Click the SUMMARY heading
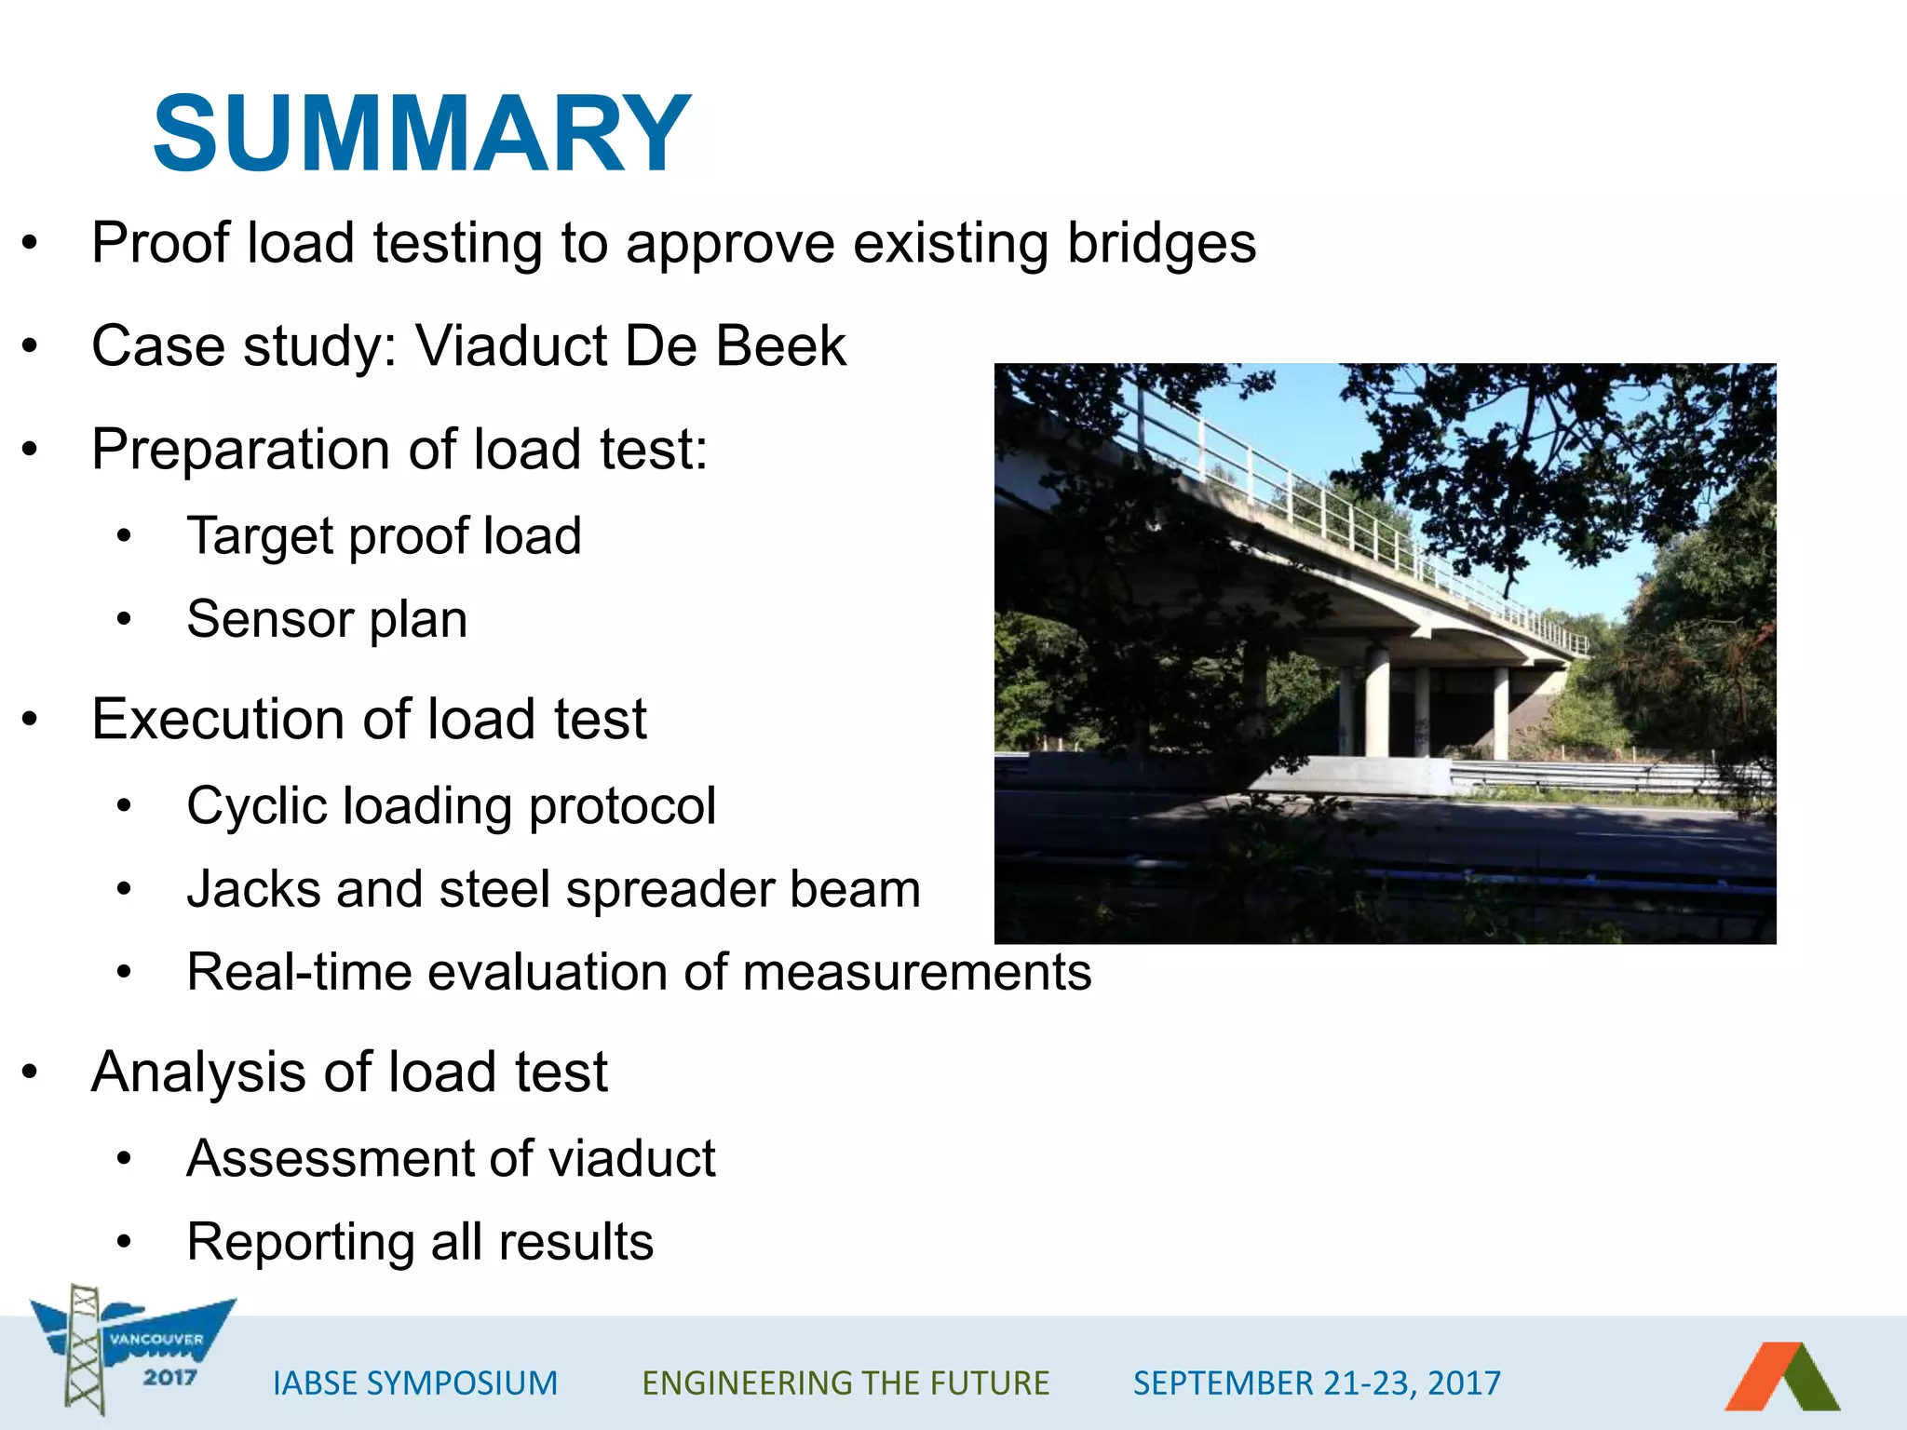tap(421, 134)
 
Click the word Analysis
tap(197, 1072)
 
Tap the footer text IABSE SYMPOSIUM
tap(415, 1383)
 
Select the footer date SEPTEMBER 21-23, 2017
tap(1317, 1383)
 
